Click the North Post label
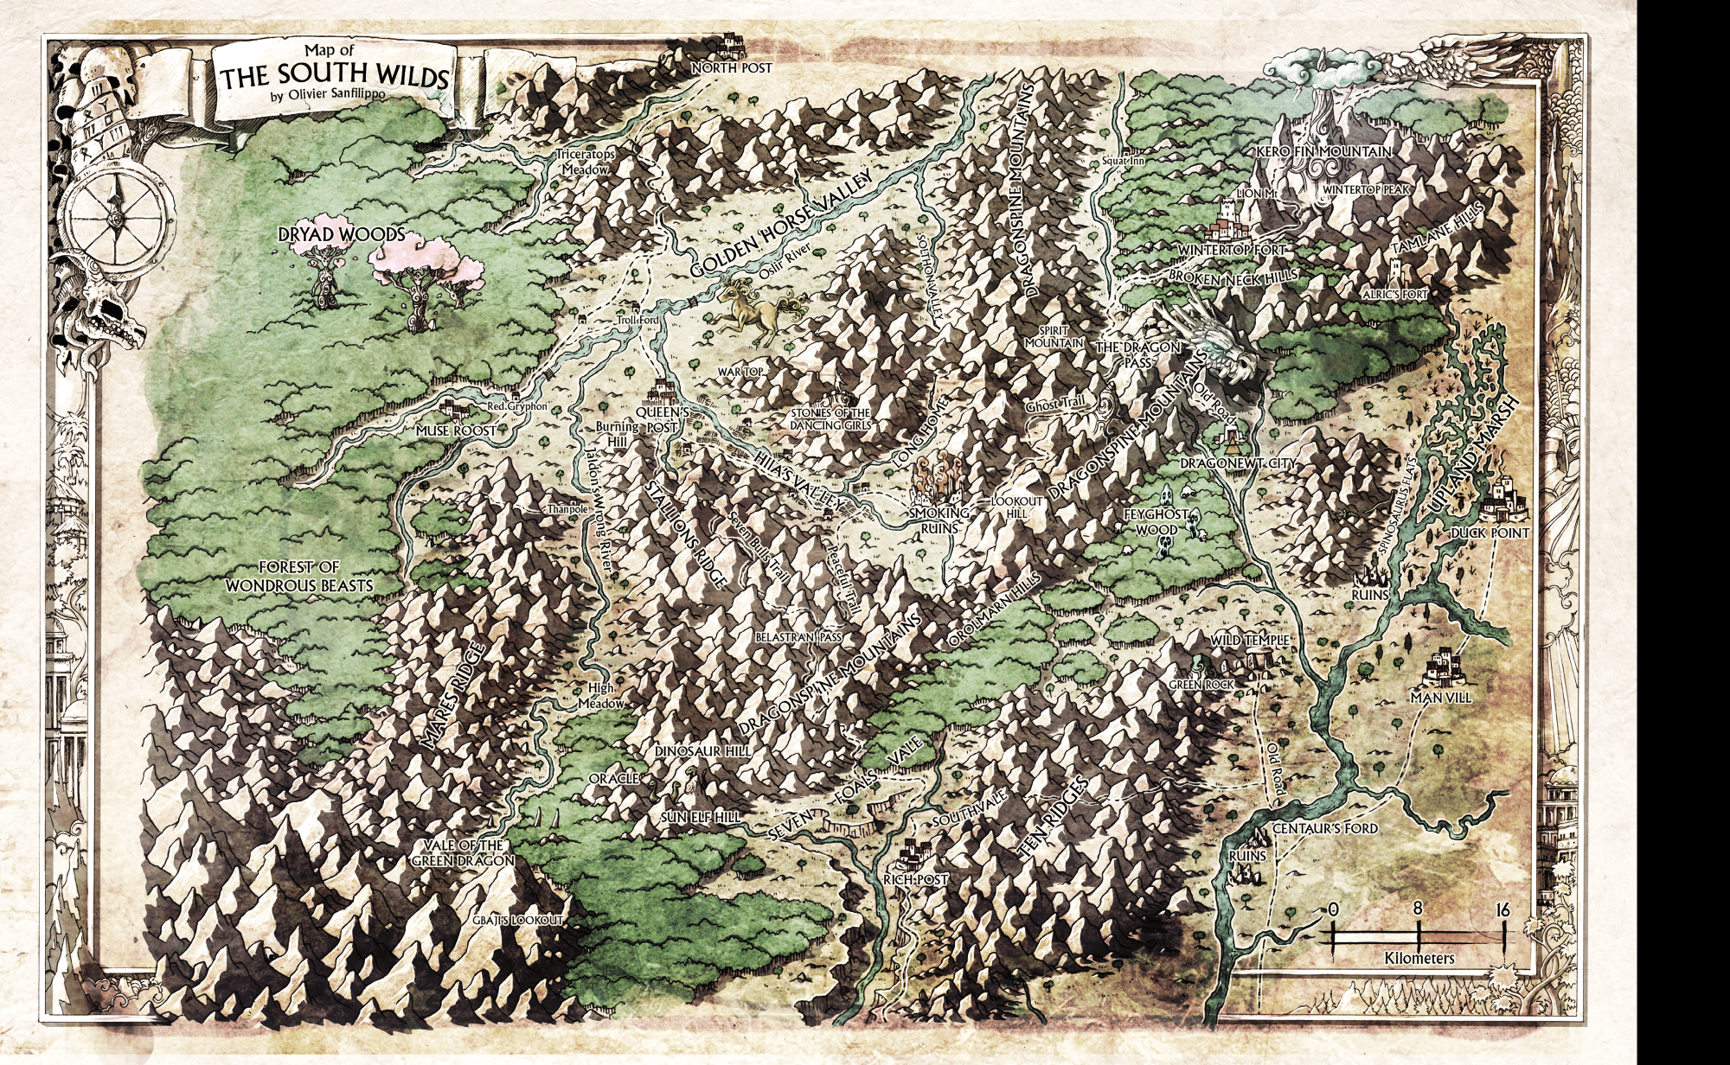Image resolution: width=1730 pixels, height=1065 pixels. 732,67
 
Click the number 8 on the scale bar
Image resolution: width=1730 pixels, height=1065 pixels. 1418,909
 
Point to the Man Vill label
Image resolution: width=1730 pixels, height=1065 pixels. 1440,697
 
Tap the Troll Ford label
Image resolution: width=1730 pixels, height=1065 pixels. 638,321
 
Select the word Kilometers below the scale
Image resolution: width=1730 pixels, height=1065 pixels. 1419,958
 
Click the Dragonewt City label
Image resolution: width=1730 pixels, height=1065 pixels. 1238,464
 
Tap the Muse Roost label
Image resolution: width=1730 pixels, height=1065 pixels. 457,430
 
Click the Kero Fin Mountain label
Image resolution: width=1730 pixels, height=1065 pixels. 1323,152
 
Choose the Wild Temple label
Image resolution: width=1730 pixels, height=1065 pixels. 1250,640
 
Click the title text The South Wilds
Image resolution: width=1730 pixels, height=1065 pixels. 335,77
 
